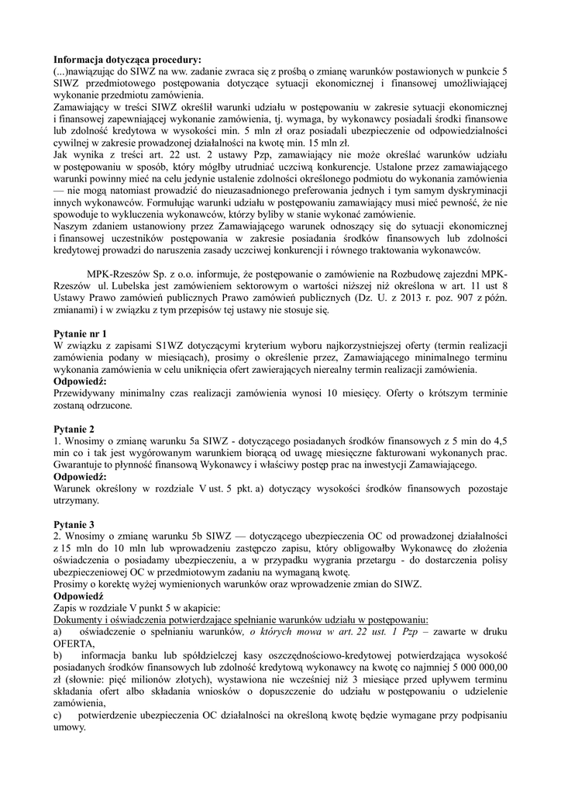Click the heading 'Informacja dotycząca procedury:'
click(126, 59)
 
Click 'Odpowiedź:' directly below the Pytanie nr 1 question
click(83, 381)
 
